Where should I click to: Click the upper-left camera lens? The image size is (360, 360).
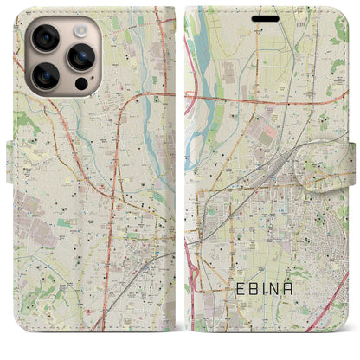44,38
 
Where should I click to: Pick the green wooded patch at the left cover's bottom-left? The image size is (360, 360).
26,333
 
